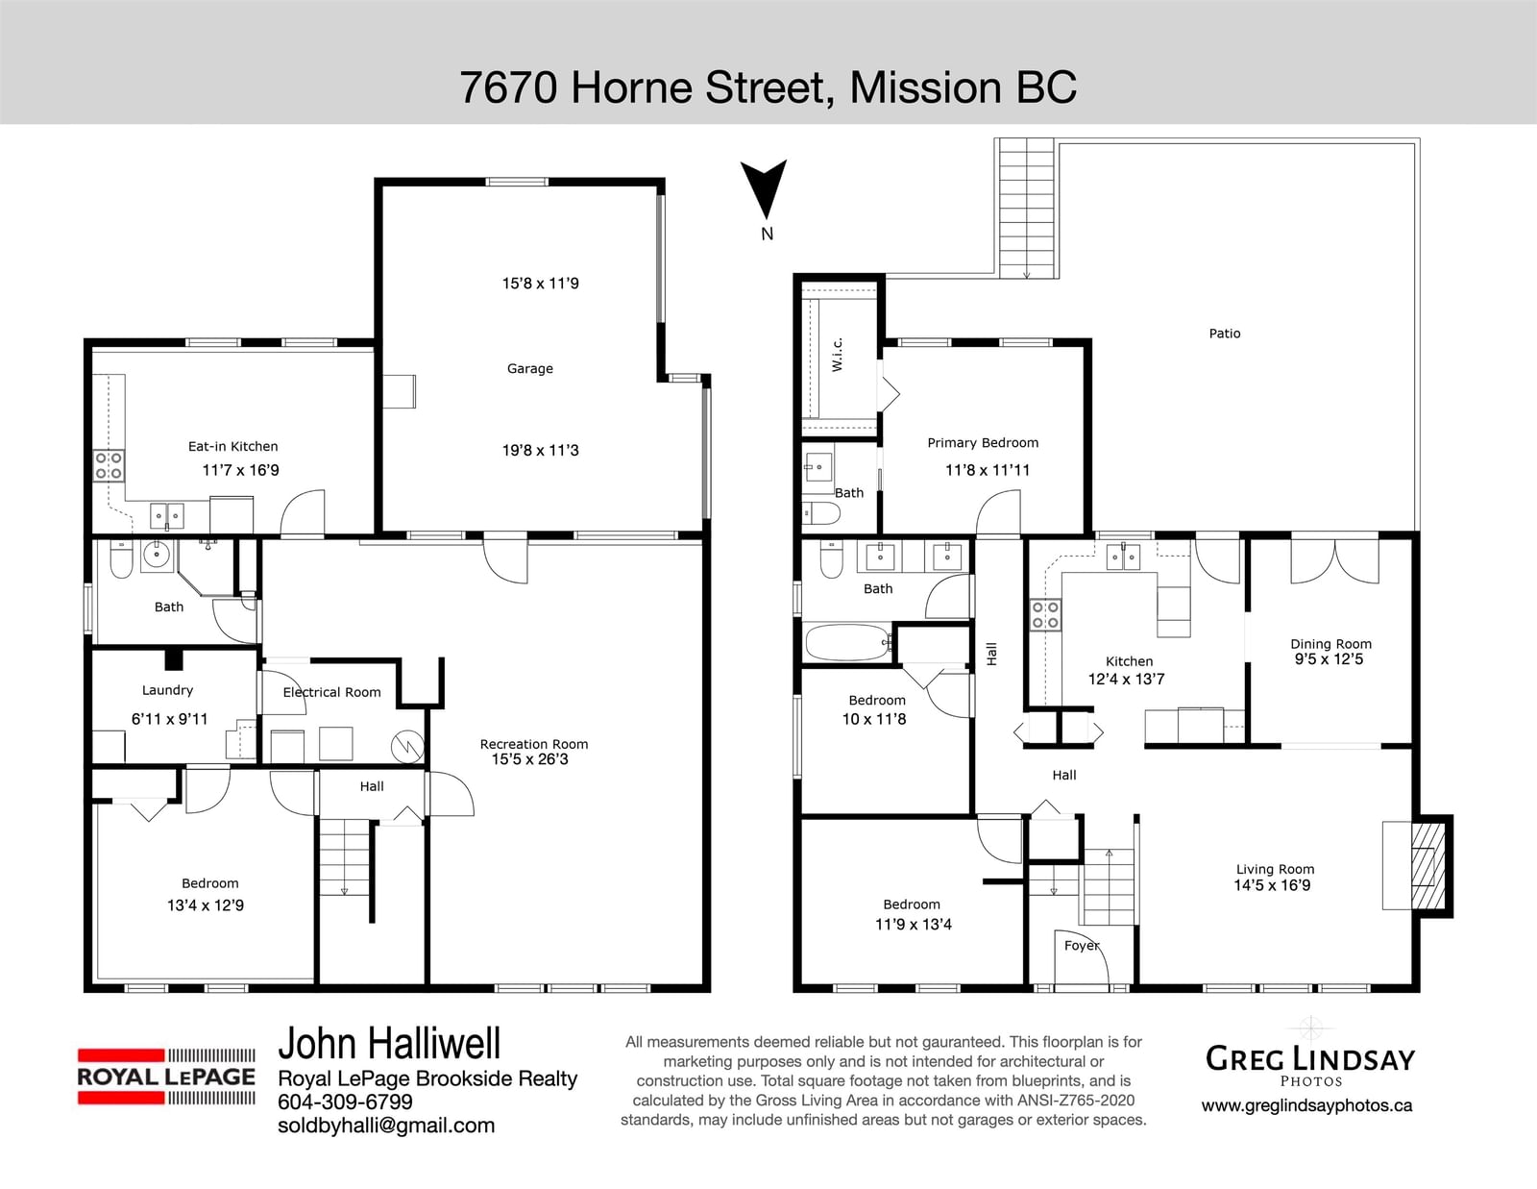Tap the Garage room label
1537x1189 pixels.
tap(529, 369)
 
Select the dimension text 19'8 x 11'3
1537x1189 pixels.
tap(541, 450)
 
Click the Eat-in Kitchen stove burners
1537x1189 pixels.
tap(109, 465)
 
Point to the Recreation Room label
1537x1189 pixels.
tap(534, 744)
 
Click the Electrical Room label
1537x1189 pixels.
tap(331, 692)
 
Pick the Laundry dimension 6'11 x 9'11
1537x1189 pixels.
tap(170, 719)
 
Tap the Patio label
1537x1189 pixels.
tap(1225, 334)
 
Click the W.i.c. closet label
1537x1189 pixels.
tap(837, 355)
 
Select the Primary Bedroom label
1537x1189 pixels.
tap(983, 443)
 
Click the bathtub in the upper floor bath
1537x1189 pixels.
tap(848, 642)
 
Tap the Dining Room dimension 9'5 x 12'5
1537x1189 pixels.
tap(1329, 659)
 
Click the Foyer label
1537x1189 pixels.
tap(1082, 946)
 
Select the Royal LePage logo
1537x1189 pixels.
tap(166, 1077)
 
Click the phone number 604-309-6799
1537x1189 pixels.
tap(345, 1102)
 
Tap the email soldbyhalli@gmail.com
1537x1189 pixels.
tap(386, 1126)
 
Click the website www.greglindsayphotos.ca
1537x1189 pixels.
tap(1306, 1105)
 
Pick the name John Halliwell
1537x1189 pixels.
tap(389, 1043)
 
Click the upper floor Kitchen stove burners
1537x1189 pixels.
tap(1045, 616)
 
